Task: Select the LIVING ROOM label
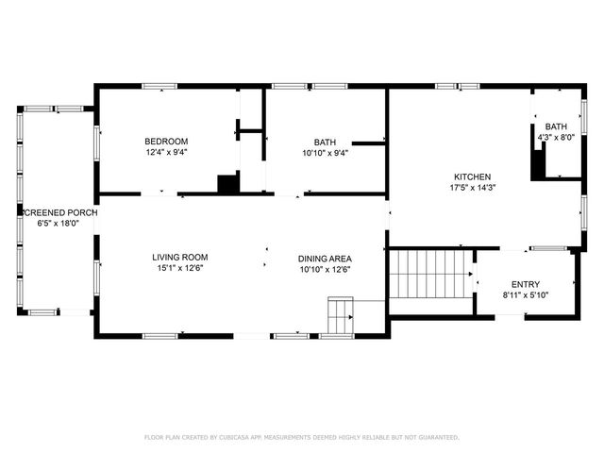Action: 180,257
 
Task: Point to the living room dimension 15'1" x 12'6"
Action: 180,268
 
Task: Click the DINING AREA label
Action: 325,258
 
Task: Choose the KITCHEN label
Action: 473,176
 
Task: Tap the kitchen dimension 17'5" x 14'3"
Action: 473,188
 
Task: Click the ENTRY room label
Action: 526,284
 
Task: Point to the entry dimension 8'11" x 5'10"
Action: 526,295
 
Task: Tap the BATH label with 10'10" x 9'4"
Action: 325,142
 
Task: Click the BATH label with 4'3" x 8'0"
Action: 556,126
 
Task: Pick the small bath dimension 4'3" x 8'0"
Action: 556,138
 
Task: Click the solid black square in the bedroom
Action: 227,184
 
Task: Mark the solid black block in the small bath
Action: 539,166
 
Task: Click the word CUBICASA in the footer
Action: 227,438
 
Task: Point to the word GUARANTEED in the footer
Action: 436,438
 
